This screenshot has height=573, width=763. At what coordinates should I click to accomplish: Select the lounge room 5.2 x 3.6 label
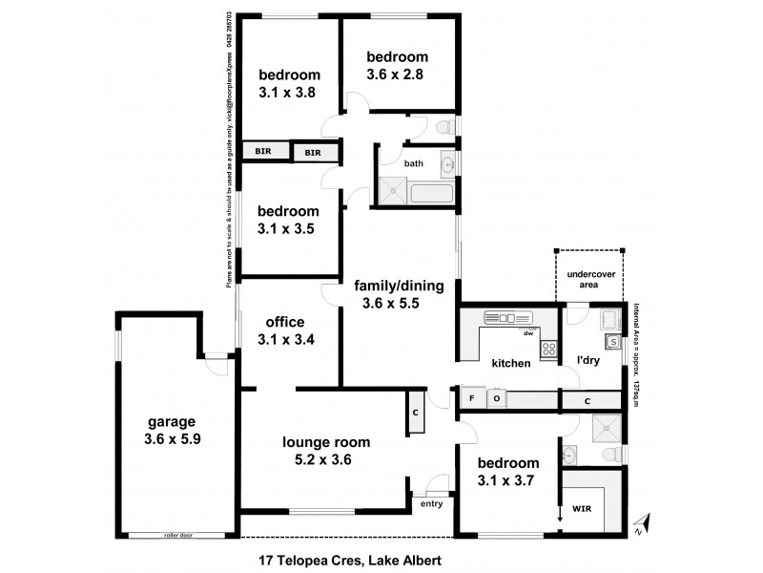click(326, 451)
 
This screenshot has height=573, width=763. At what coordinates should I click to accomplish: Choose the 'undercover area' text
click(588, 279)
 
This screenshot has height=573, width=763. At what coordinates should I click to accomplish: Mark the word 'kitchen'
click(510, 364)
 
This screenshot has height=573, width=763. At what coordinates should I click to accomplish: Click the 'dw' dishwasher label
click(526, 332)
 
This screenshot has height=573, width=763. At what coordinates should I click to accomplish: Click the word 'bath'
click(413, 163)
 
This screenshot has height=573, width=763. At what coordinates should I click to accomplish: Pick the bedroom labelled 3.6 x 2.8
click(398, 65)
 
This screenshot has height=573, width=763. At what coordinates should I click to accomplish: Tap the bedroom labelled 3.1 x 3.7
click(504, 470)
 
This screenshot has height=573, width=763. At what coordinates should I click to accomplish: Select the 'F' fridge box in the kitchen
click(471, 397)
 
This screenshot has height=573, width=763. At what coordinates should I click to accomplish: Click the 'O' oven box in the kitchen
click(497, 397)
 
